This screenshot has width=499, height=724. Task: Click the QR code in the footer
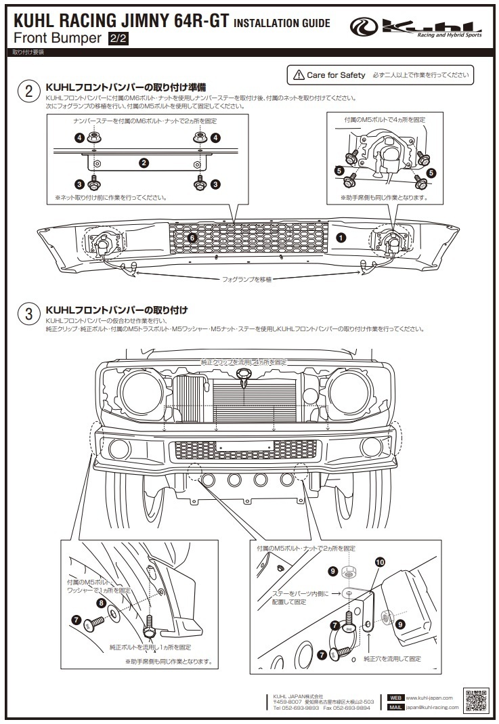(x=476, y=701)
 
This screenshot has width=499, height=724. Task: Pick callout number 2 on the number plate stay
(x=144, y=163)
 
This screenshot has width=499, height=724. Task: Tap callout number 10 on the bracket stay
(x=379, y=562)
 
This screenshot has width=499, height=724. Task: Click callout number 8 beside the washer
(x=101, y=602)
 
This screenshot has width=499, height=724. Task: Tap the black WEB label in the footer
(x=396, y=698)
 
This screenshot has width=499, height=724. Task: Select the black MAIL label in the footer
(x=396, y=707)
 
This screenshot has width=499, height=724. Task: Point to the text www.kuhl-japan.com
(x=432, y=698)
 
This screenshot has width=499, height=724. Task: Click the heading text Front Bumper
(x=58, y=38)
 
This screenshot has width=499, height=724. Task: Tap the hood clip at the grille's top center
(x=244, y=377)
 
